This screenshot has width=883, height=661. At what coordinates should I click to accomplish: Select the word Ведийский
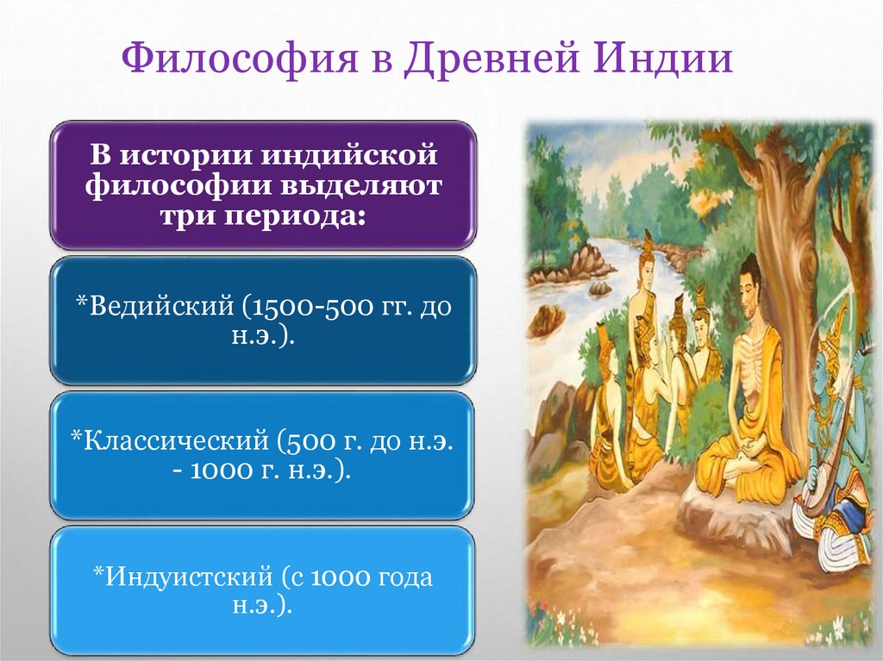point(155,307)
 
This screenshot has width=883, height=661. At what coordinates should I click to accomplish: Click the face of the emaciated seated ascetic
point(749,285)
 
